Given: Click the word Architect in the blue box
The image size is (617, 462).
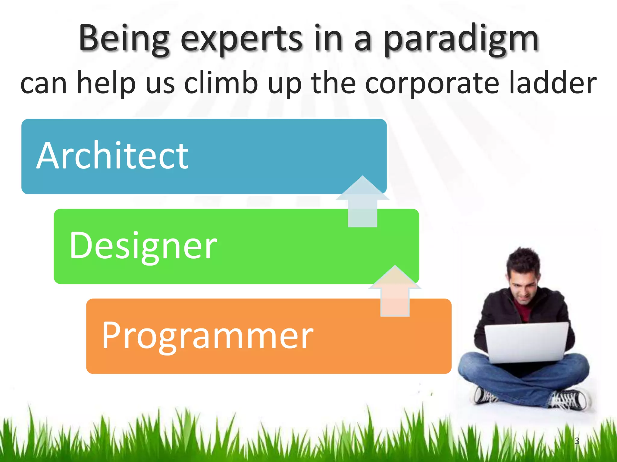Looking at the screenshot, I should point(112,156).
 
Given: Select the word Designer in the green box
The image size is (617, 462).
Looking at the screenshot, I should point(143,246).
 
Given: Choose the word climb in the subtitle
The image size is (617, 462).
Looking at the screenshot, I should point(221,83).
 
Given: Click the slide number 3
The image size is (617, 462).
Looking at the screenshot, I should point(577,441).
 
